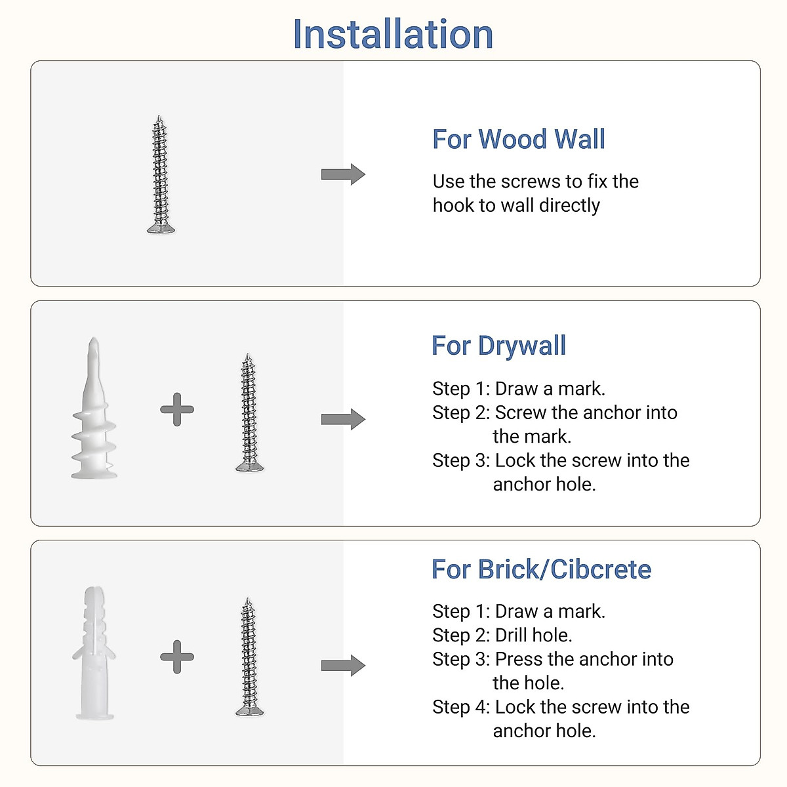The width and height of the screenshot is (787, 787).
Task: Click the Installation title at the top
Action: [393, 34]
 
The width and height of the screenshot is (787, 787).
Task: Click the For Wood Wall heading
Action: [518, 140]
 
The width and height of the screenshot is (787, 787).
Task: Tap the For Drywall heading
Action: [498, 346]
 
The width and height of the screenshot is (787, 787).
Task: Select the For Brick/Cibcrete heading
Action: [541, 569]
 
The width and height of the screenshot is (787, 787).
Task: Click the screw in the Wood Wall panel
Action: [159, 174]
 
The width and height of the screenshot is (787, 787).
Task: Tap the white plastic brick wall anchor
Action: [94, 653]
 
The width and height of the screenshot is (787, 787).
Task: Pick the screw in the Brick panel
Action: [249, 656]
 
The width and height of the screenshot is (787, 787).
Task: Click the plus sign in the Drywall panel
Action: [177, 410]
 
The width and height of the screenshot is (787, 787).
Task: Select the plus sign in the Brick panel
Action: [177, 656]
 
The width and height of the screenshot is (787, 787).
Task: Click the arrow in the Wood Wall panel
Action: [343, 174]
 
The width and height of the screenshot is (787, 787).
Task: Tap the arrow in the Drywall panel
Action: [343, 420]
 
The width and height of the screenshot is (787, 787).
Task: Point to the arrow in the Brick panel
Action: [343, 666]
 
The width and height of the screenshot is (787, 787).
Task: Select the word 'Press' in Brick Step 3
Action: [519, 659]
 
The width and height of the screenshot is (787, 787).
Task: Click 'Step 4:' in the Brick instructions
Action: [460, 707]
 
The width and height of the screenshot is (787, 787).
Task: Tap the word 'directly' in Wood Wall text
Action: [569, 205]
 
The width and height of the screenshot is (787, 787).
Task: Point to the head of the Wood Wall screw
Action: [161, 228]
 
